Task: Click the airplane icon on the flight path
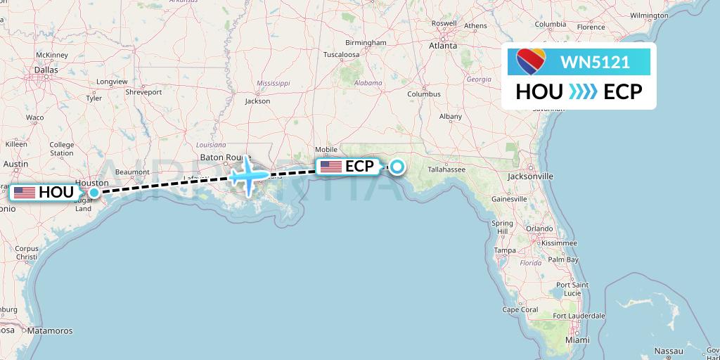click(248, 176)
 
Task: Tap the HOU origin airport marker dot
click(94, 192)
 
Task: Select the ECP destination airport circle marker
click(397, 167)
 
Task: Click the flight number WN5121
click(594, 63)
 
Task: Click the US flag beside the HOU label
click(24, 192)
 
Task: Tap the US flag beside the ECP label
click(330, 167)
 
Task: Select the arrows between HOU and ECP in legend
click(583, 91)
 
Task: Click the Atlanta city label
click(444, 46)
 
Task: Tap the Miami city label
click(578, 340)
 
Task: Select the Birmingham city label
click(366, 42)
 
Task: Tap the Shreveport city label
click(143, 92)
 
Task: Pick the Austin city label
click(15, 164)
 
